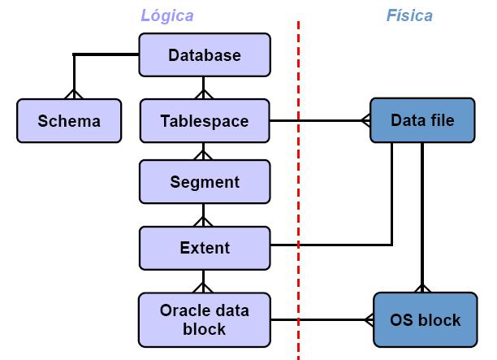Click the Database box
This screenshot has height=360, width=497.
[204, 55]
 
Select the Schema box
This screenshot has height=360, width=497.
[69, 121]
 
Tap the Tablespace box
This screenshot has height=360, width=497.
[204, 121]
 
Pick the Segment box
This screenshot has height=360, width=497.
[204, 182]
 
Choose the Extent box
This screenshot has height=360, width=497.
[204, 248]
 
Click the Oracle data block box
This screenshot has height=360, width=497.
[204, 319]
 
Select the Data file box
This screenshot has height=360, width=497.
[421, 121]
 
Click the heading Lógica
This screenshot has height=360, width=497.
[167, 15]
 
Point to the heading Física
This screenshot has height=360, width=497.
[408, 15]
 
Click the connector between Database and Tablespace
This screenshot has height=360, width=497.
[204, 89]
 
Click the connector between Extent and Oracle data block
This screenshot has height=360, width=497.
[204, 281]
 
